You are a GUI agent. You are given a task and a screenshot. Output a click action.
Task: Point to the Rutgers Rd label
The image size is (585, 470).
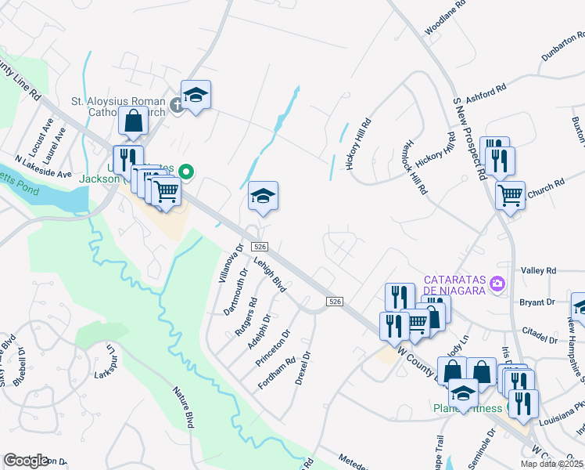[x=247, y=316]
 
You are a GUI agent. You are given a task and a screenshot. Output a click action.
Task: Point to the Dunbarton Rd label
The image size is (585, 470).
[x=563, y=47]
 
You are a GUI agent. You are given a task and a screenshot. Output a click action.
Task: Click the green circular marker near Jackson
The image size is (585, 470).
[x=186, y=170]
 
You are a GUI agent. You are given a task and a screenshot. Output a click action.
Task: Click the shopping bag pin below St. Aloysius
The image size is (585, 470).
[x=134, y=121]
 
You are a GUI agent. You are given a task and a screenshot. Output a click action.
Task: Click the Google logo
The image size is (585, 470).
[x=27, y=461]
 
